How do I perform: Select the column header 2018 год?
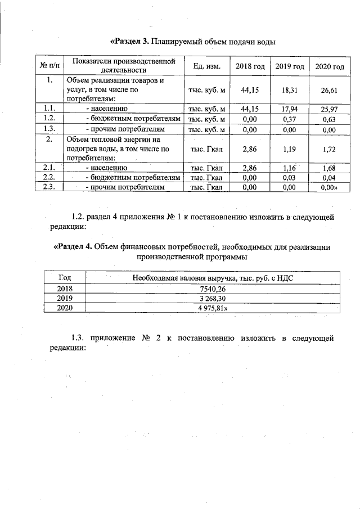(x=250, y=66)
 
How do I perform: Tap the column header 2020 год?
(x=329, y=67)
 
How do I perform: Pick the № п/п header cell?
(x=50, y=66)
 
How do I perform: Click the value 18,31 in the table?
(x=289, y=89)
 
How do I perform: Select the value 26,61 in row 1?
(x=329, y=90)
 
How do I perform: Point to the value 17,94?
(x=289, y=109)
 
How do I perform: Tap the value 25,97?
(x=329, y=109)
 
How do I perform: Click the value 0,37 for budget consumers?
(x=289, y=119)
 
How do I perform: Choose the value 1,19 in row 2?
(x=289, y=149)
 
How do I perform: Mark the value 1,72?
(x=329, y=149)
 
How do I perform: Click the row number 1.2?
(x=49, y=119)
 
